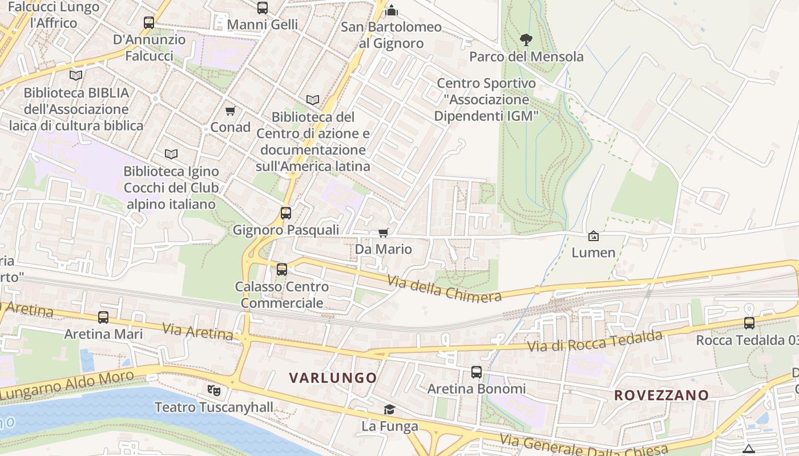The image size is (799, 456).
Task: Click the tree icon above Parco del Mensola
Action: [x=526, y=39]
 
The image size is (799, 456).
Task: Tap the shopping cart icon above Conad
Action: [x=230, y=111]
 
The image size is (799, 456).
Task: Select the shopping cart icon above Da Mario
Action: [x=383, y=233]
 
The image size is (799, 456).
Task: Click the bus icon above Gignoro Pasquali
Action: [x=285, y=213]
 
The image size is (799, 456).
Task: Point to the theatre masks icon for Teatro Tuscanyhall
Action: [x=214, y=390]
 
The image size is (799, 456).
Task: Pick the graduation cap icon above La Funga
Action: [x=389, y=409]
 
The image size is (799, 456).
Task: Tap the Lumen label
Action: [x=594, y=253]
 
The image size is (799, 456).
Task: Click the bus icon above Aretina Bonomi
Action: [x=477, y=372]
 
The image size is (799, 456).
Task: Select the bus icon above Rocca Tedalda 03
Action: [x=749, y=323]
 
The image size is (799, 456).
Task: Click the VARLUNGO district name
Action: [x=333, y=378]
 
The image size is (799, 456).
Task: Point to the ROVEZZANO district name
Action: [x=661, y=395]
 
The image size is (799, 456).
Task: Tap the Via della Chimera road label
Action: [x=444, y=288]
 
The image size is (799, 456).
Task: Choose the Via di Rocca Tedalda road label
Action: [x=594, y=341]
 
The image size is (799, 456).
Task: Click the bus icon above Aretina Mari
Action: [x=103, y=317]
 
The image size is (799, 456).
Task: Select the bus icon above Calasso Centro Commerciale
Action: [x=281, y=270]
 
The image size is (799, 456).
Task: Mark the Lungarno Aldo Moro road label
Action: [x=67, y=385]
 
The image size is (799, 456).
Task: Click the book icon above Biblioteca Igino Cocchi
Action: [x=171, y=154]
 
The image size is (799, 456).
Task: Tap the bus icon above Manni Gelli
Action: [x=263, y=8]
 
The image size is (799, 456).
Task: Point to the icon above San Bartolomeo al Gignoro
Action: [x=392, y=10]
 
